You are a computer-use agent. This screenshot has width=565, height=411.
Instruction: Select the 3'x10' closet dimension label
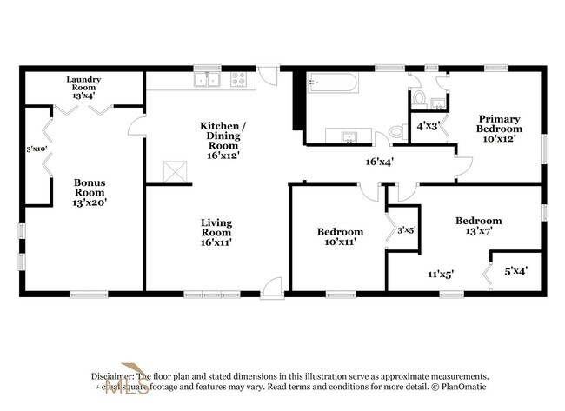36,149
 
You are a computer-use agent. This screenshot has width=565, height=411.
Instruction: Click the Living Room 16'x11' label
216,233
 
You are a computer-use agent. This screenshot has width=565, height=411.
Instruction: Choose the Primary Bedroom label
499,128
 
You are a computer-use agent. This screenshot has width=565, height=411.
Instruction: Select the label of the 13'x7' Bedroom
479,227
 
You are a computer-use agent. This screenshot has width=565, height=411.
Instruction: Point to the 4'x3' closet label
428,125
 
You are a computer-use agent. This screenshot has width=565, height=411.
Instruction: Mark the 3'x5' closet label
405,230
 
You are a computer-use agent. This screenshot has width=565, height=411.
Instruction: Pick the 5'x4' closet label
516,270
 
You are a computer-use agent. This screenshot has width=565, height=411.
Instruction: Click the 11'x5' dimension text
440,274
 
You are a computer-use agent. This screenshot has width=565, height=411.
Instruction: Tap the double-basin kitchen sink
208,81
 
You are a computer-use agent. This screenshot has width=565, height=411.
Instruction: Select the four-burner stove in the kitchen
237,81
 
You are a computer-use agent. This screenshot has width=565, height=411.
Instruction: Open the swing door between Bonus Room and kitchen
137,132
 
